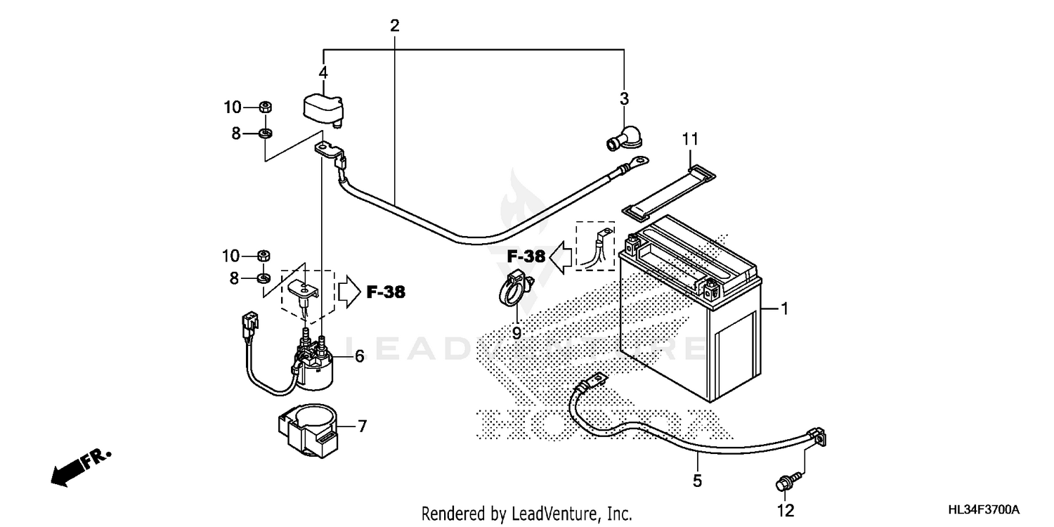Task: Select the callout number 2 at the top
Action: coord(395,27)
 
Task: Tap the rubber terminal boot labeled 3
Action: coord(618,138)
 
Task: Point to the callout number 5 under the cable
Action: coord(697,481)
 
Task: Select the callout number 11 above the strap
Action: coord(690,139)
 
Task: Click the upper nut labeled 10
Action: coord(266,108)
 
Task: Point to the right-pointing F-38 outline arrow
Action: coord(349,292)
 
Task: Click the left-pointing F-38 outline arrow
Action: coord(561,256)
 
